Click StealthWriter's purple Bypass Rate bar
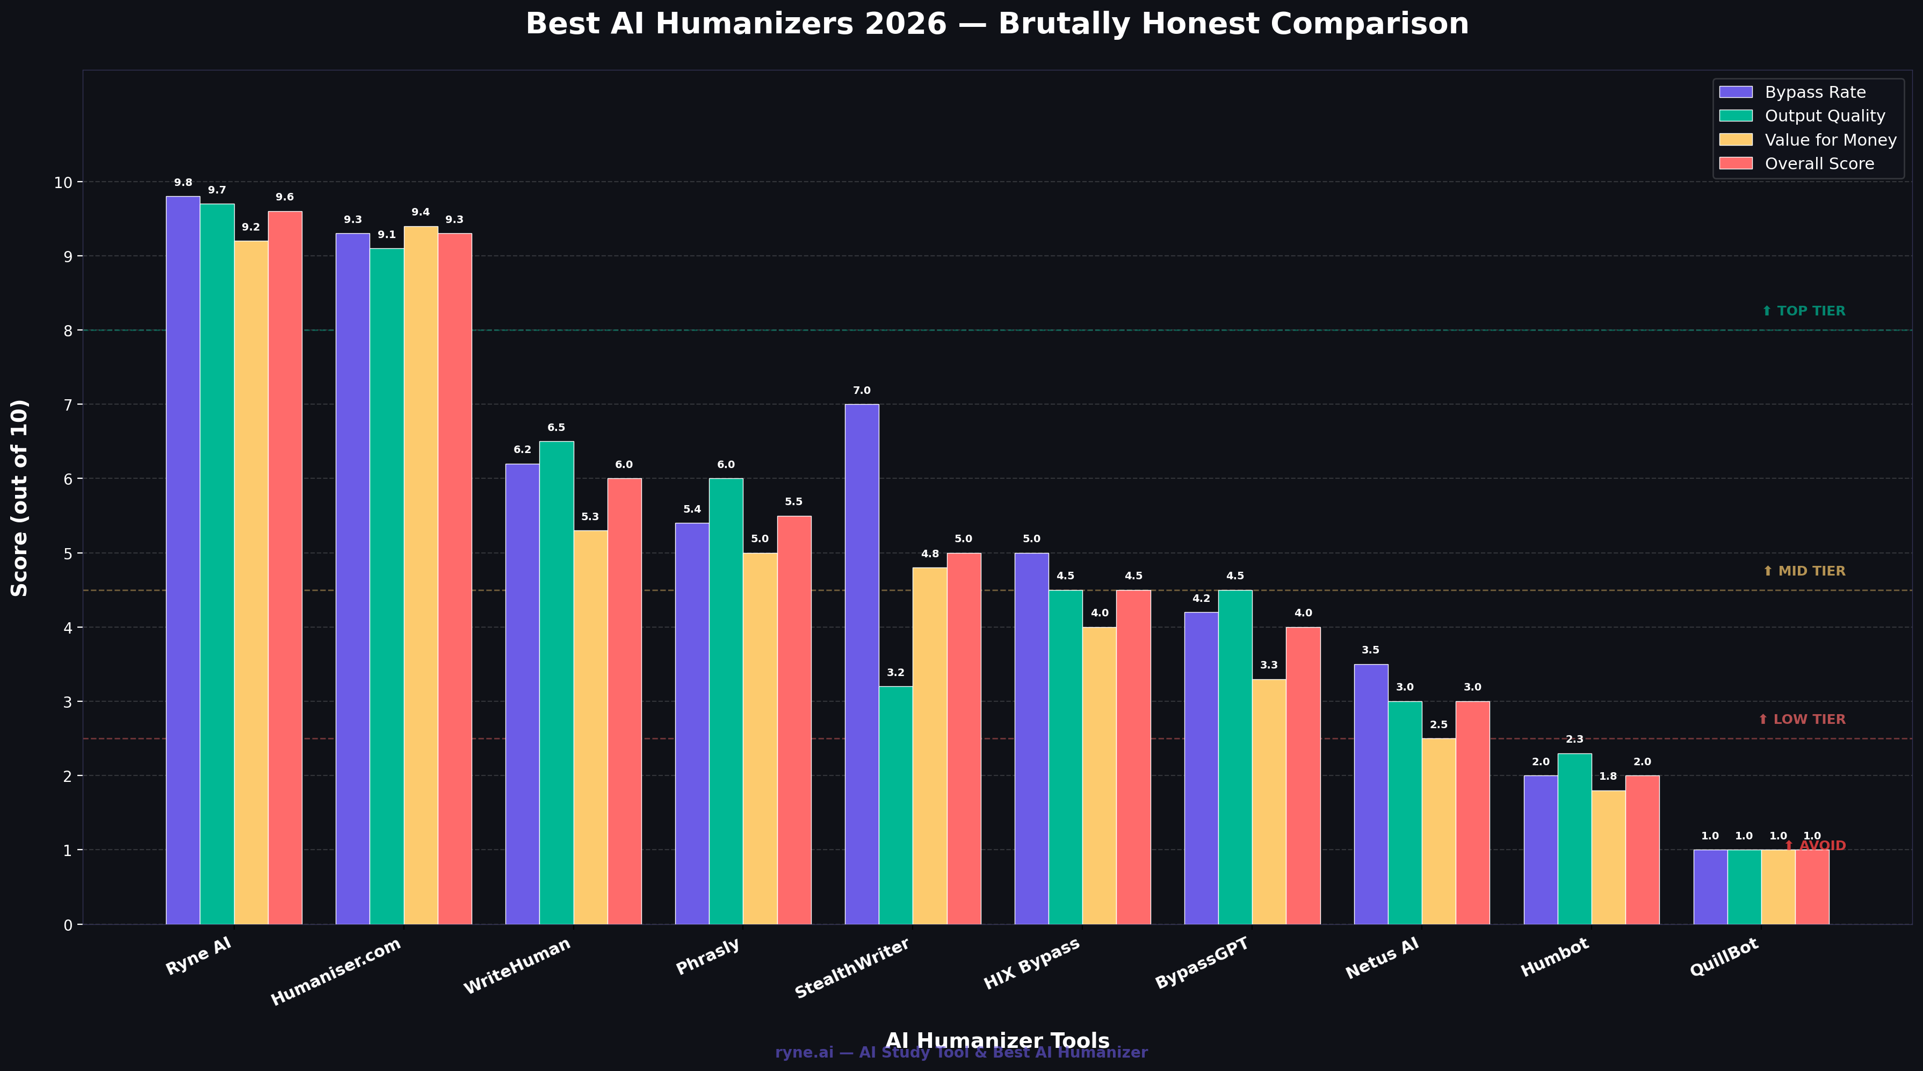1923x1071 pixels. tap(862, 664)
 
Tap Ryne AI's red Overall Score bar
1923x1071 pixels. tap(285, 567)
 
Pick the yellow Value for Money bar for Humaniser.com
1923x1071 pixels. tap(421, 575)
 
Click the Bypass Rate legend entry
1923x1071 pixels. tap(1814, 92)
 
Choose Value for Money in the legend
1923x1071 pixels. tap(1830, 140)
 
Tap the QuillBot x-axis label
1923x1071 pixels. tap(1724, 958)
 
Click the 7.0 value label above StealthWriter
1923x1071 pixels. tap(862, 391)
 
